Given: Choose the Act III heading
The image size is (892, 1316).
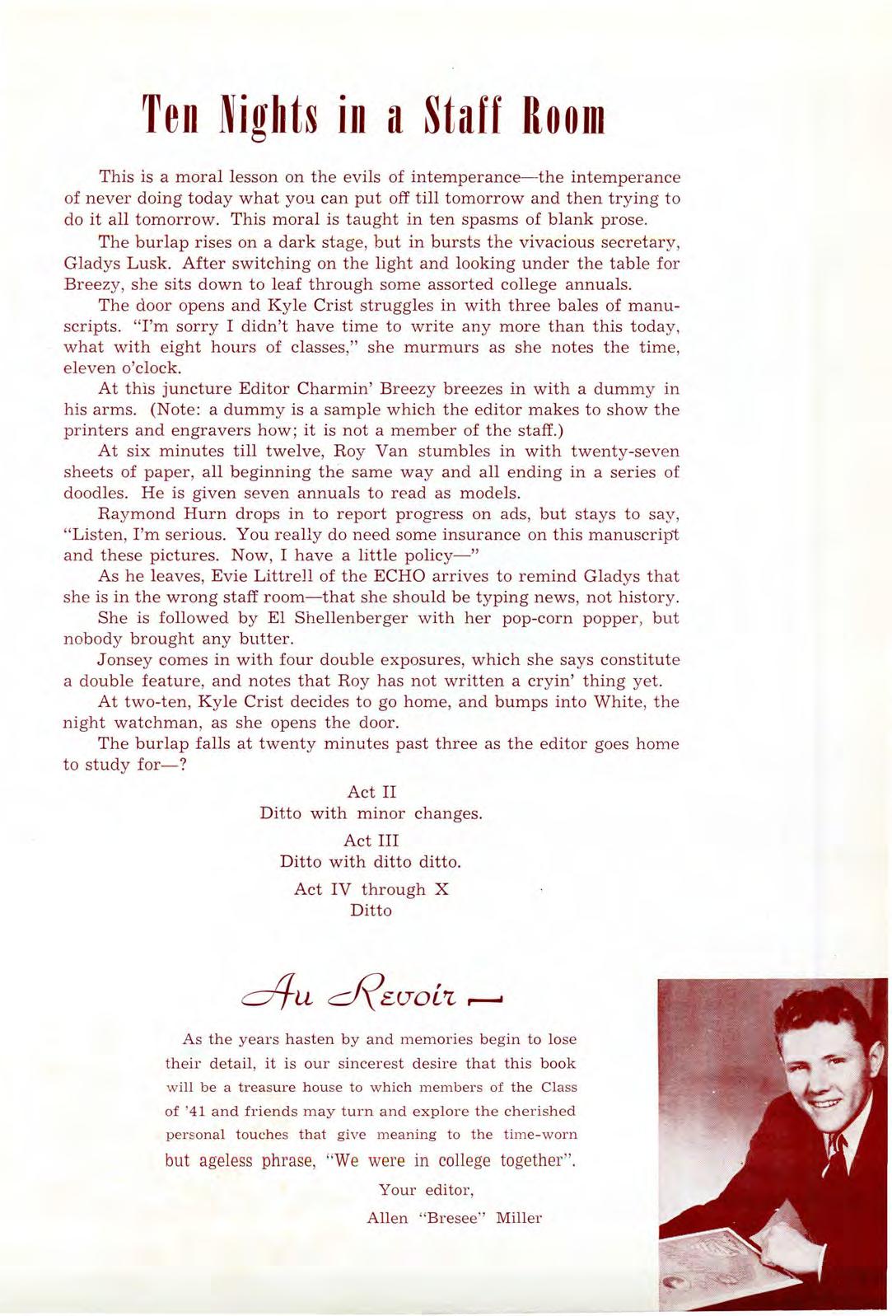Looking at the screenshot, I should click(371, 841).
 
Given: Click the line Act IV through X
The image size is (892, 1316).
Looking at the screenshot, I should click(371, 889).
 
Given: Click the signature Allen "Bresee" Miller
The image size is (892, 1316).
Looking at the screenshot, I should click(454, 1218).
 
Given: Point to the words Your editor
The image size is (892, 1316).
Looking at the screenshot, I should click(425, 1190).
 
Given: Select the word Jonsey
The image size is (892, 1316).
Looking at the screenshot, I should click(124, 660).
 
